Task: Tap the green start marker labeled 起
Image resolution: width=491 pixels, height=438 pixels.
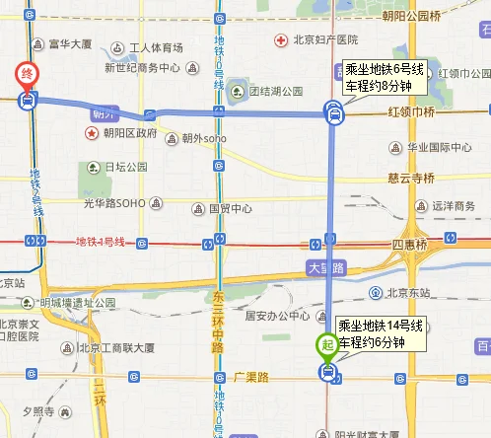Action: point(325,346)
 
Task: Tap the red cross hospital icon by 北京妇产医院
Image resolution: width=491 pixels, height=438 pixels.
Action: point(281,39)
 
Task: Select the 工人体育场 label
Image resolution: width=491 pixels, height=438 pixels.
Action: point(156,47)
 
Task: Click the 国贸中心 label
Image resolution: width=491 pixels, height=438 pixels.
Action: point(231,209)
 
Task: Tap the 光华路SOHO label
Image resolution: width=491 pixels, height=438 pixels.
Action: point(113,203)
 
